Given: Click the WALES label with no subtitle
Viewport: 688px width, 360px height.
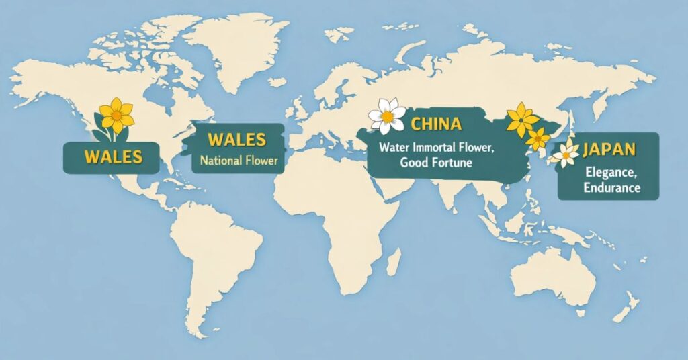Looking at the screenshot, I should (x=113, y=157).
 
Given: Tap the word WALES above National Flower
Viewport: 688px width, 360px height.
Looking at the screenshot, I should (x=237, y=141).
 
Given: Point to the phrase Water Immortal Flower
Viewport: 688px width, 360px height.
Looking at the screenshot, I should (x=436, y=147).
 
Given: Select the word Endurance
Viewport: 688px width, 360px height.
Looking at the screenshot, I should (x=611, y=187).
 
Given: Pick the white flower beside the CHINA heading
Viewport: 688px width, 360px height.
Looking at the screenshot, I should (x=387, y=116).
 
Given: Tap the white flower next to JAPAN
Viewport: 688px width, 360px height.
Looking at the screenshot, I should (x=566, y=154).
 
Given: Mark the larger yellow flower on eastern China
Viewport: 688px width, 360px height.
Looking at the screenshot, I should (x=521, y=120).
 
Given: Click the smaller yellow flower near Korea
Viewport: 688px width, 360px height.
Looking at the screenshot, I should (x=537, y=139).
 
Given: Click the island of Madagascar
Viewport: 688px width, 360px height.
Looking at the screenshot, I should (x=395, y=261).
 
